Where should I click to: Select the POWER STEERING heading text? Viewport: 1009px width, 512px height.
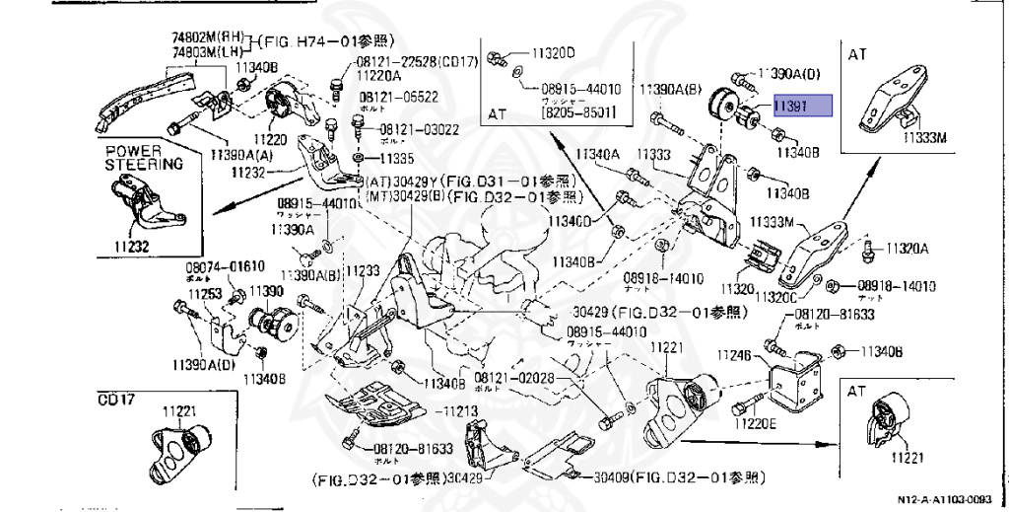click(x=144, y=158)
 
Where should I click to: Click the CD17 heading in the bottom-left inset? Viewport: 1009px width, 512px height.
click(x=116, y=400)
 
